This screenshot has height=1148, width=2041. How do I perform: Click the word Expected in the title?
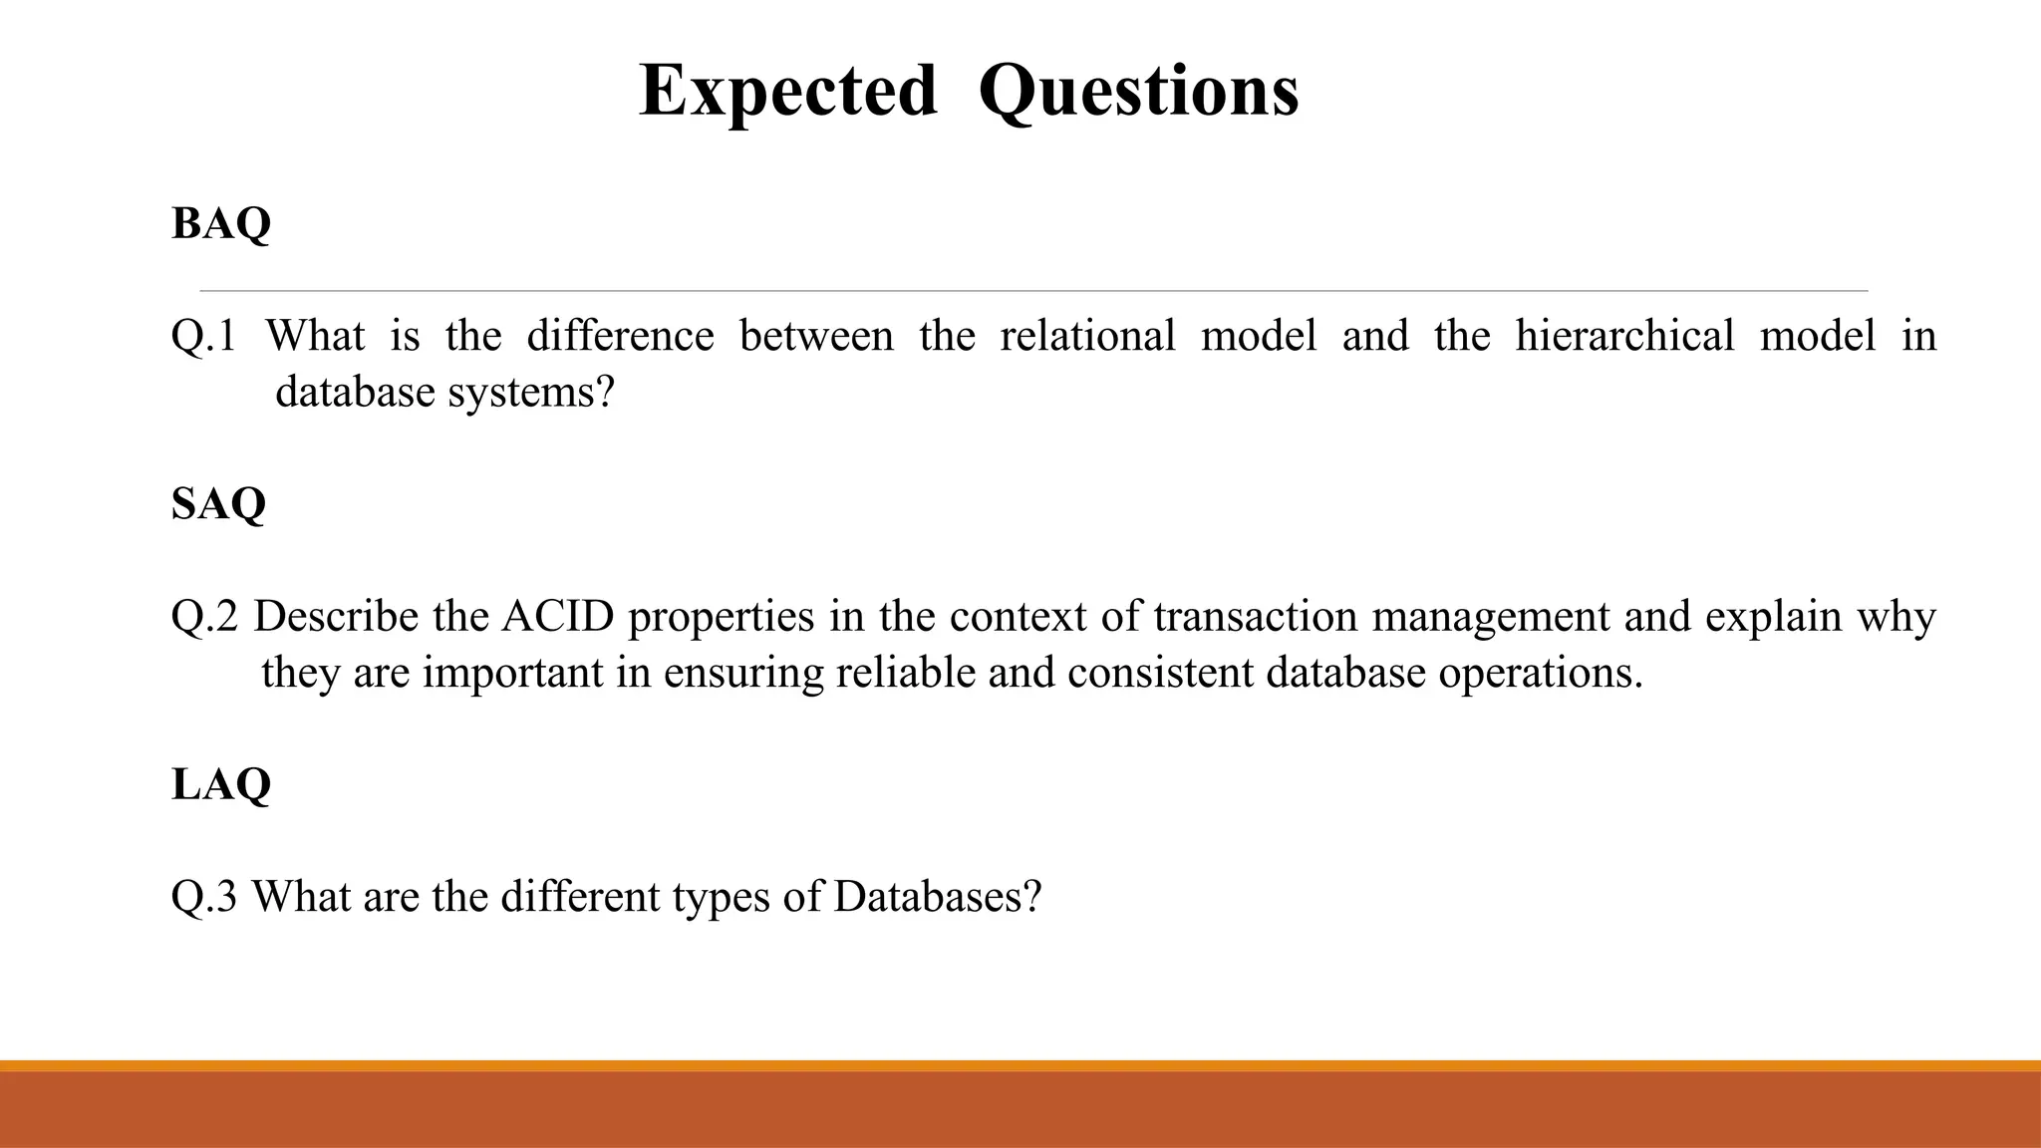click(x=787, y=91)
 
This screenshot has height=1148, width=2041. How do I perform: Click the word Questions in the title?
click(x=1138, y=91)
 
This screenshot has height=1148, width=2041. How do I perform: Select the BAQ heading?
click(x=221, y=223)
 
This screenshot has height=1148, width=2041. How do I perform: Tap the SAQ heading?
click(x=219, y=503)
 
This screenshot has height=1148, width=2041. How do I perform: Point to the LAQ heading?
click(x=221, y=784)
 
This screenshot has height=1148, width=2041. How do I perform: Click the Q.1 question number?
click(x=203, y=336)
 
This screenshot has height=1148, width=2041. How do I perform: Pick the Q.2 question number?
click(x=204, y=617)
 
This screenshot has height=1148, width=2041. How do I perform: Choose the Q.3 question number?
click(x=204, y=897)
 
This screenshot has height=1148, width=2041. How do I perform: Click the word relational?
click(x=1087, y=336)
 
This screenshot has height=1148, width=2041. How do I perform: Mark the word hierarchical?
click(x=1624, y=336)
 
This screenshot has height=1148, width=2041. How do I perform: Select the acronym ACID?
click(x=558, y=617)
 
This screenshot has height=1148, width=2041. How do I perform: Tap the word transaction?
click(x=1256, y=617)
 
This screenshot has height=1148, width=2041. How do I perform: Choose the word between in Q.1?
click(x=816, y=336)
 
